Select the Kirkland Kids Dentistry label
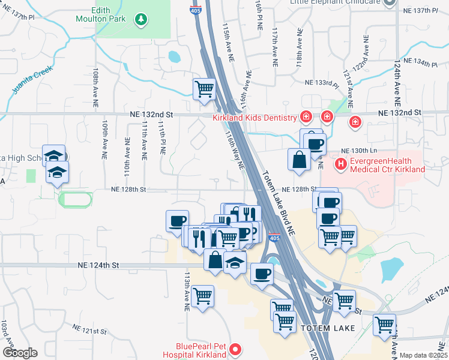click(255, 118)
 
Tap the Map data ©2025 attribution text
click(423, 355)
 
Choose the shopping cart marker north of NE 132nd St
click(204, 89)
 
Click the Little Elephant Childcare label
click(336, 2)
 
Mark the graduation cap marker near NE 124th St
click(235, 262)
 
